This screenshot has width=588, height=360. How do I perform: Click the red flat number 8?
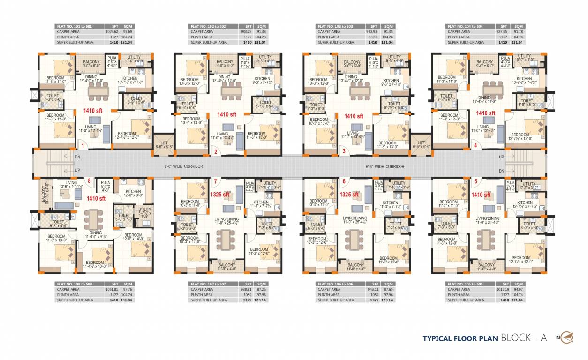[89, 180]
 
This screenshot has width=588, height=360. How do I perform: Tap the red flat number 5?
[475, 181]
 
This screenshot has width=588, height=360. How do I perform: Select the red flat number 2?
[216, 151]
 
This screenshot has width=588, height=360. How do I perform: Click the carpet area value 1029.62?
[112, 32]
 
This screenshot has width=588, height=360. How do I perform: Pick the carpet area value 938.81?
[245, 290]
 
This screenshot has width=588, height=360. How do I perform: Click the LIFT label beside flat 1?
[164, 144]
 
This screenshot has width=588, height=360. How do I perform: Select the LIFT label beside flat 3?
[421, 144]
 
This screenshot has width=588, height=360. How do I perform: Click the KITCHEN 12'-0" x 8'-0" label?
[133, 193]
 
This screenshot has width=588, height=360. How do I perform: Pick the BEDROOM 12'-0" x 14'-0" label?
[134, 237]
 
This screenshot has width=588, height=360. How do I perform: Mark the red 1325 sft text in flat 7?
[219, 194]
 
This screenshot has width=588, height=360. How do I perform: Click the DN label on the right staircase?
[502, 171]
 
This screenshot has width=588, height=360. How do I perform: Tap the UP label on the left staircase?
[77, 170]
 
